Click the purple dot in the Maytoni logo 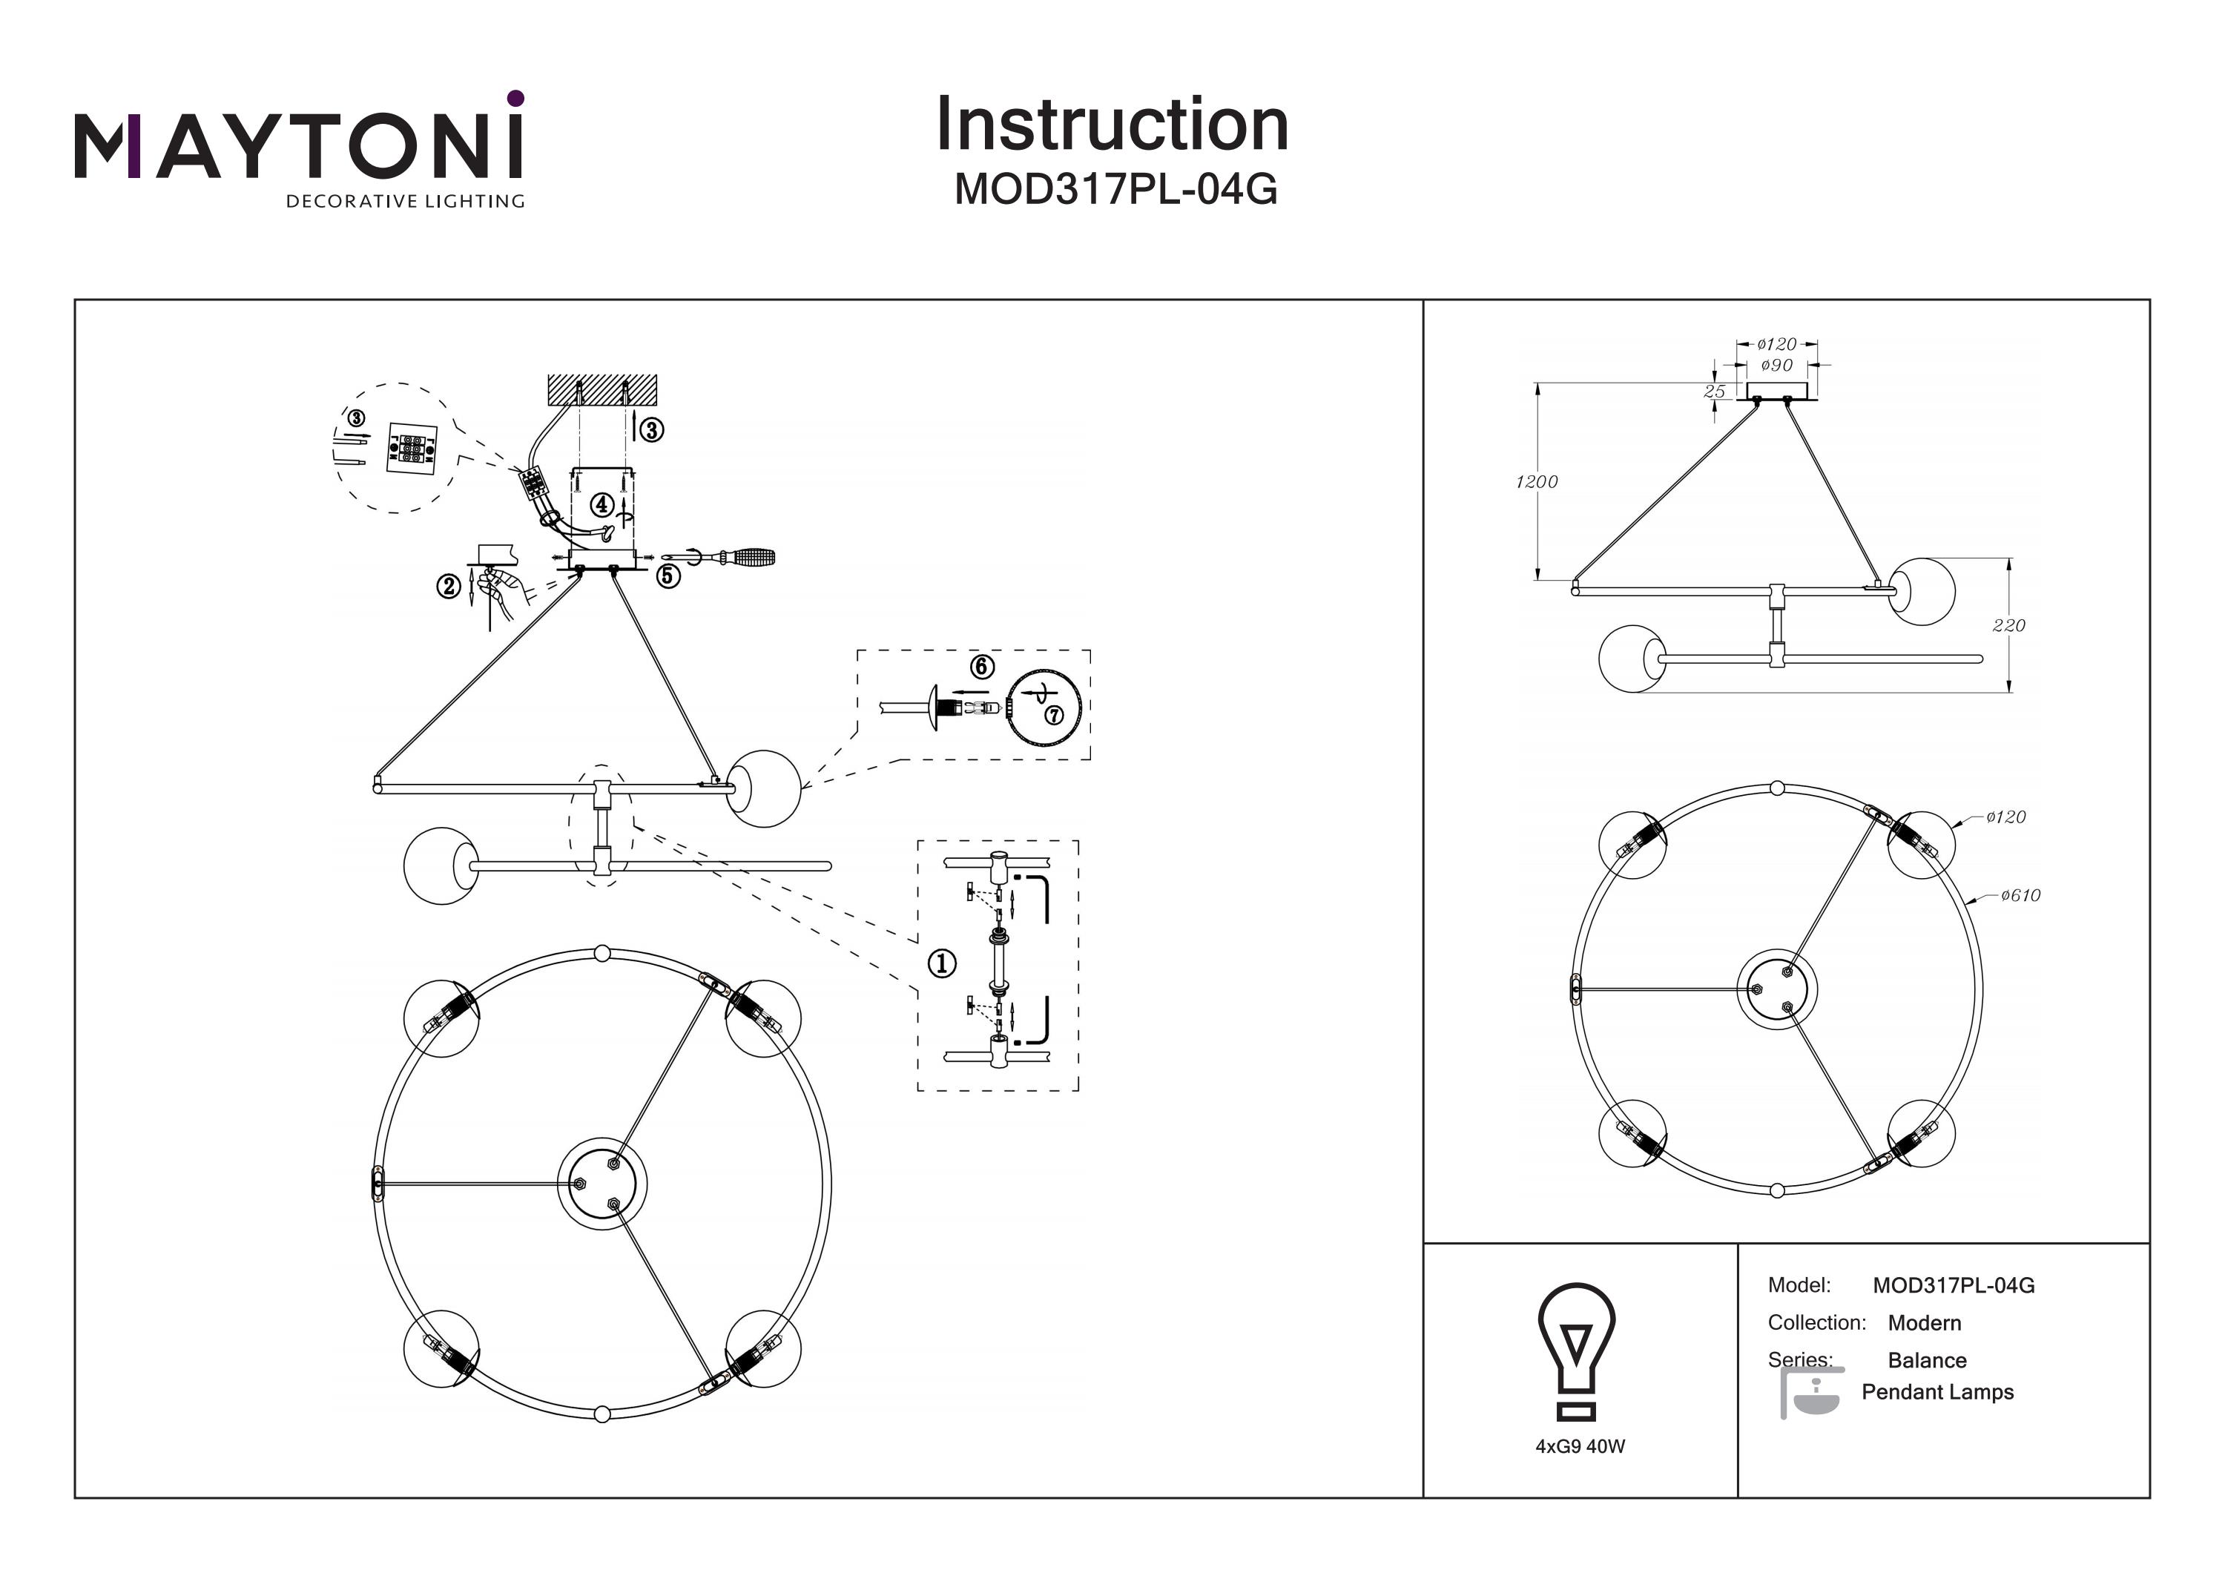(515, 98)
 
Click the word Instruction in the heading (1112, 125)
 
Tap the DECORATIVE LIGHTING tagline (404, 202)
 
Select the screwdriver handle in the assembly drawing (753, 557)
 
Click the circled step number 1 (942, 963)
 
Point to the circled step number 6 (982, 667)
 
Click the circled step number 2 (448, 587)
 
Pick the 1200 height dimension (1537, 481)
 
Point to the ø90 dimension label (1776, 366)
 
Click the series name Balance (1927, 1361)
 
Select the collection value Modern (1924, 1323)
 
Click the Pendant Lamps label (1937, 1392)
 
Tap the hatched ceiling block (601, 391)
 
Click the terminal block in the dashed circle (411, 448)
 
